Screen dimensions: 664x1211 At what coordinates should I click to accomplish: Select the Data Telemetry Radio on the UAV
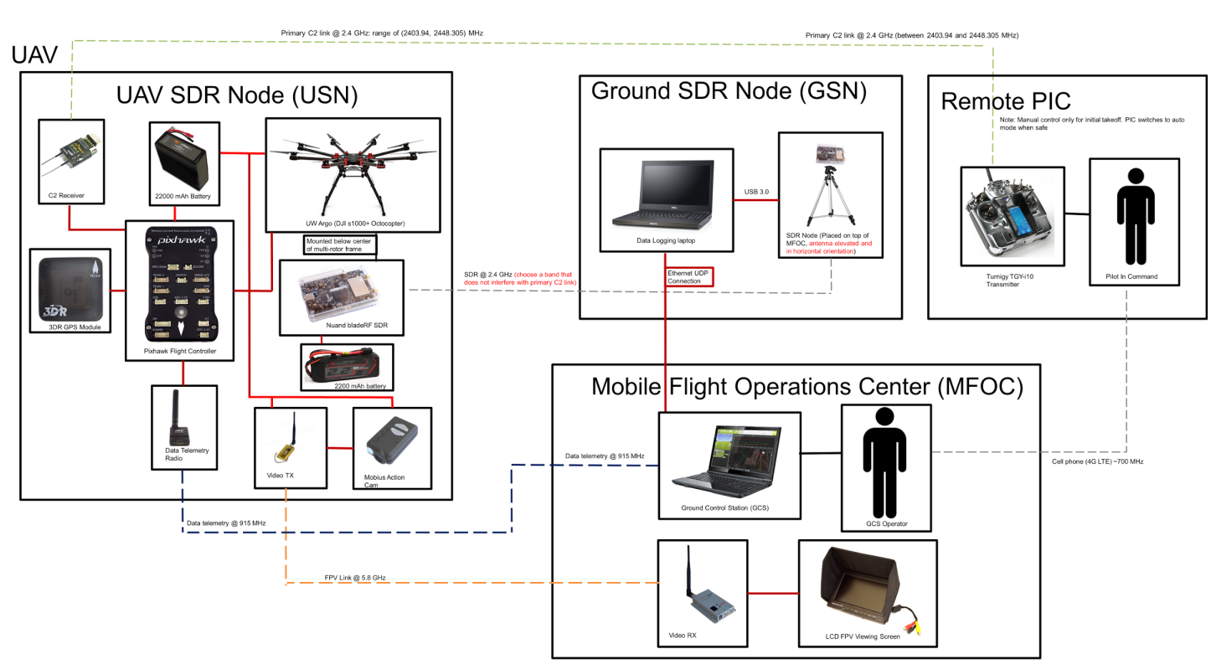(178, 416)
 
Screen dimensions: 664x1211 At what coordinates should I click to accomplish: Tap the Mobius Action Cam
(391, 440)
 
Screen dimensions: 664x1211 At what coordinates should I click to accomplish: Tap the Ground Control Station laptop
(728, 461)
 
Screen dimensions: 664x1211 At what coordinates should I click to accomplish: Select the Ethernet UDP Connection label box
(689, 276)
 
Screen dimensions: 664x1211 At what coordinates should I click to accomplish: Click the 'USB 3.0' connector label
(756, 192)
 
